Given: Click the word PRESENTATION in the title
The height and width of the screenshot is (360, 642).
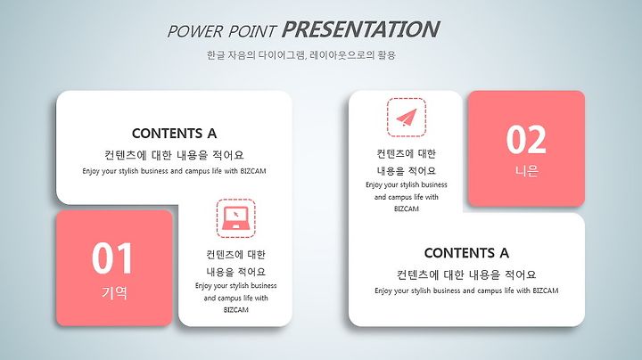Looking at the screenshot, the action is (360, 29).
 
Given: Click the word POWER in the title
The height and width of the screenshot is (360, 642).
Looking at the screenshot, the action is (195, 31).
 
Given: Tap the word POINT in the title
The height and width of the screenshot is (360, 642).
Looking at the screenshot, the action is (251, 31).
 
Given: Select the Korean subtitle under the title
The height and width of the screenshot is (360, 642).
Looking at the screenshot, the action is (301, 55).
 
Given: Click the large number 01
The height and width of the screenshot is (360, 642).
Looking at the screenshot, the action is (111, 258).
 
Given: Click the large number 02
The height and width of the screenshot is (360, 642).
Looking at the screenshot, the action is (526, 140).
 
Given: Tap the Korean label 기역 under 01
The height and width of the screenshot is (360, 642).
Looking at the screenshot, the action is (114, 292).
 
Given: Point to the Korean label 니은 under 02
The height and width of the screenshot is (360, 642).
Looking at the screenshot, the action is (527, 171).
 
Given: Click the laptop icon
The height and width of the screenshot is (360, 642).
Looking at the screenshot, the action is (235, 218).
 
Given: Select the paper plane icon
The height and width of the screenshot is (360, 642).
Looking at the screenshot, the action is (407, 117).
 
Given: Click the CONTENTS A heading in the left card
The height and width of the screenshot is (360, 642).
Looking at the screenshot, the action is (174, 134).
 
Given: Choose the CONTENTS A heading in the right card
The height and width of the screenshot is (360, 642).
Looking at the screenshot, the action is (466, 253).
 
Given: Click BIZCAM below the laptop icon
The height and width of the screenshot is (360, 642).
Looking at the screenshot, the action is (235, 310).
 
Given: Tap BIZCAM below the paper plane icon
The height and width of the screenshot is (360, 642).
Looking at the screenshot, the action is (407, 209).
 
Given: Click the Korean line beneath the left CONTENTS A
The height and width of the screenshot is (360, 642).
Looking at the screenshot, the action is (174, 155).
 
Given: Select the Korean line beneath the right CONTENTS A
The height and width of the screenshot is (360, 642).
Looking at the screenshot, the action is (466, 274).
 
